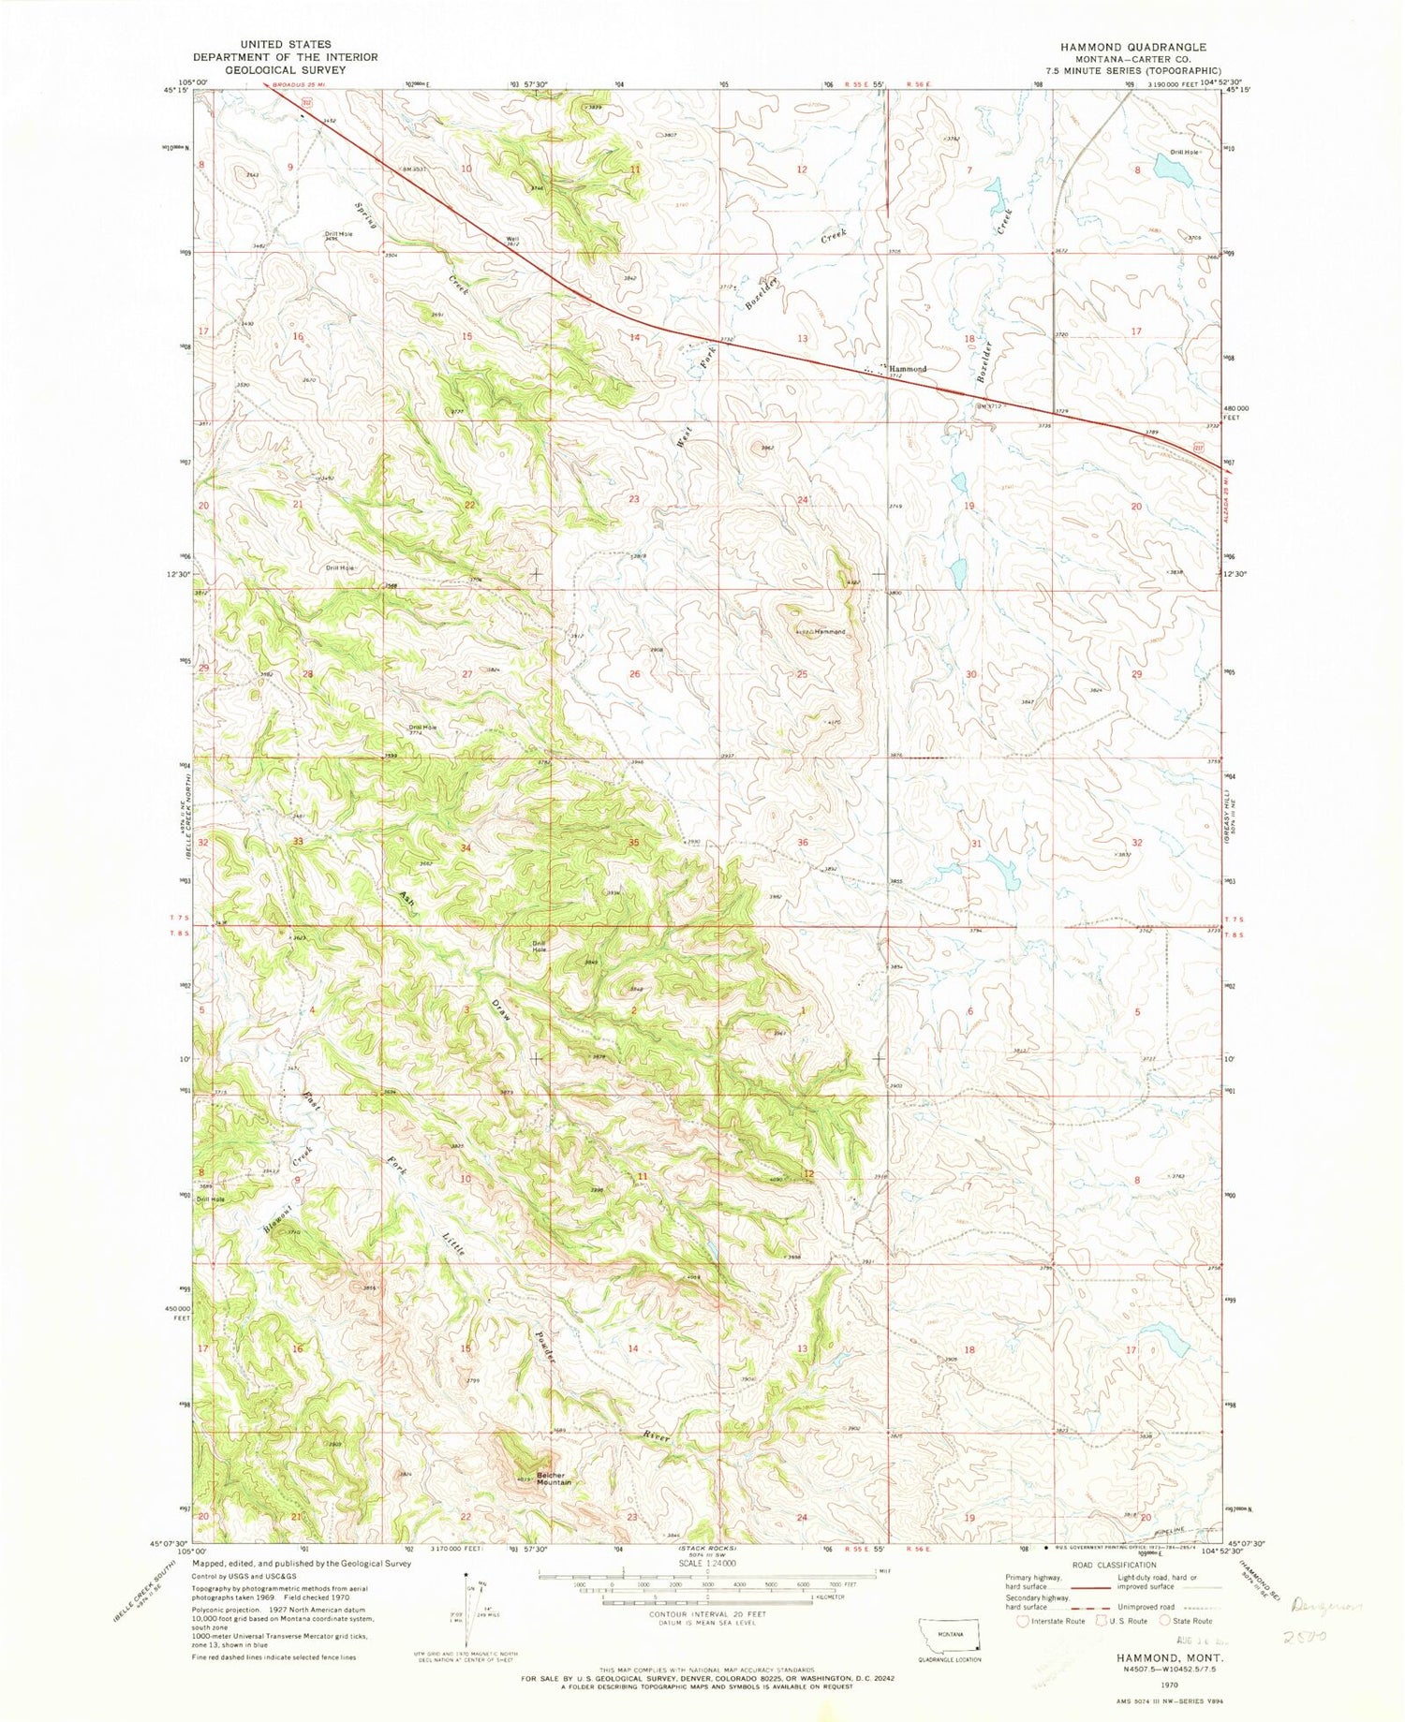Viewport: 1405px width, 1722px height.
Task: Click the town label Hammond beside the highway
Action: click(x=907, y=369)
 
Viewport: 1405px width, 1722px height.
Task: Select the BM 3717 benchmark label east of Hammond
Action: click(x=988, y=405)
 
